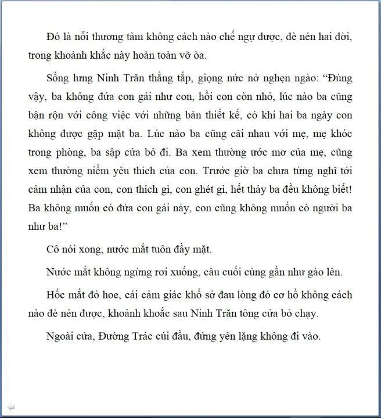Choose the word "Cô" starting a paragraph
click(x=53, y=250)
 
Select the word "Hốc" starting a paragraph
click(x=57, y=295)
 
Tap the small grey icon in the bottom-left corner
click(x=11, y=406)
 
